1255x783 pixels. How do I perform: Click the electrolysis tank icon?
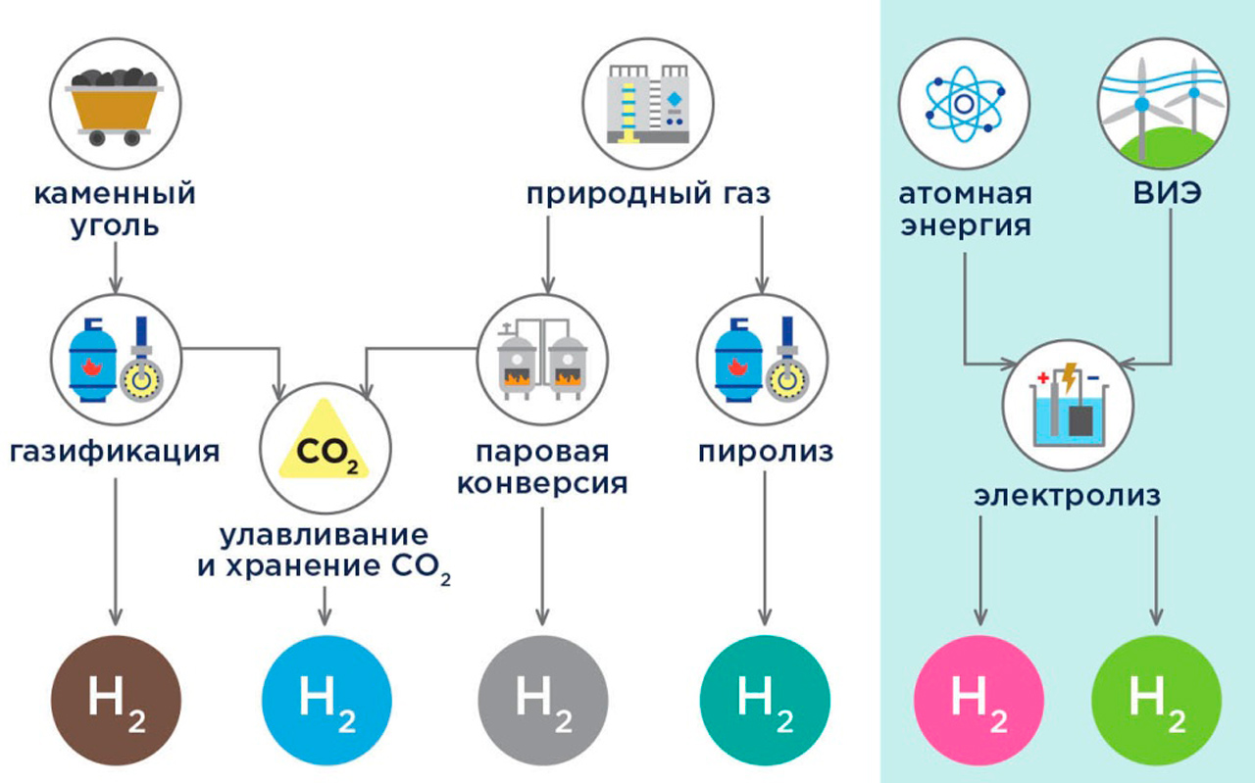pos(1068,402)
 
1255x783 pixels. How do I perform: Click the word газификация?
pos(116,452)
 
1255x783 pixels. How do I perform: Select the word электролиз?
pos(1068,497)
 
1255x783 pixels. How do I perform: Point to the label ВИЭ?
pos(1165,194)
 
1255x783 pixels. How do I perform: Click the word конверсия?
pos(542,483)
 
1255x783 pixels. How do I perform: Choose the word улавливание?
pos(324,535)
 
